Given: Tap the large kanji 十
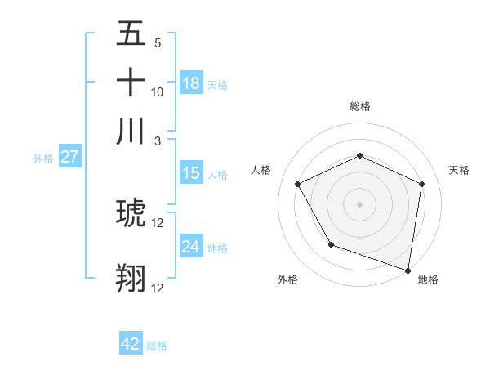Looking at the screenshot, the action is point(131,83).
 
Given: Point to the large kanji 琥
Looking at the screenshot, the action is point(131,215).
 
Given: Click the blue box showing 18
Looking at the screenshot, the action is point(191,83).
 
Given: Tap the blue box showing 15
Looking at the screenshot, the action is point(191,173).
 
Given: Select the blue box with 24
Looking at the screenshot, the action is point(191,247).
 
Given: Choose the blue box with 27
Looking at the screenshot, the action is point(69,158).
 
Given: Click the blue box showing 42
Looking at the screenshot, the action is point(131,344).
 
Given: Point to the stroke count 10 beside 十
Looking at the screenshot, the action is point(158,92).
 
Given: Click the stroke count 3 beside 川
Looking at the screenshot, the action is point(158,141).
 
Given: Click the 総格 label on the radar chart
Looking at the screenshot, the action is point(359,106).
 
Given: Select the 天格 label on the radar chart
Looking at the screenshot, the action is point(459,170).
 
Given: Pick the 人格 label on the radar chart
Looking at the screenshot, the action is point(261,170).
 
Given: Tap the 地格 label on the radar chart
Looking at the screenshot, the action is point(428,279).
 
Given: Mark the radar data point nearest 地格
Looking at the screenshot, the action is point(408,270).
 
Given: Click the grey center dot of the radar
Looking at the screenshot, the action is point(359,203).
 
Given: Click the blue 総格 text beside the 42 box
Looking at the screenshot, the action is point(157,346).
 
